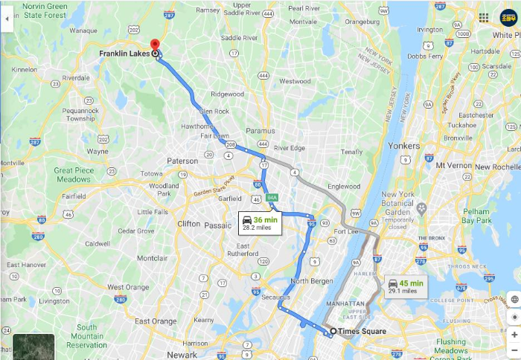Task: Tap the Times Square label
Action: (x=362, y=330)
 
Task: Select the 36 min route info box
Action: (x=260, y=223)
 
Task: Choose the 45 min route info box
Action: (x=406, y=286)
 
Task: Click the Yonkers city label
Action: (x=404, y=146)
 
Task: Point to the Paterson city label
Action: (x=182, y=161)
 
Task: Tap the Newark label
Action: (x=182, y=354)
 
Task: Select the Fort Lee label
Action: (x=345, y=231)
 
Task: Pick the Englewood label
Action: (x=344, y=186)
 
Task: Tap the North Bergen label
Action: (x=311, y=280)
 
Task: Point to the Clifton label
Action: (x=189, y=223)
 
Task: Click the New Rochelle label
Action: (x=495, y=166)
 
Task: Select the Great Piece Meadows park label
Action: (x=72, y=175)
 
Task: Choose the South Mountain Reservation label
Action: (x=86, y=335)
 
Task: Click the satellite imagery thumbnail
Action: (x=33, y=347)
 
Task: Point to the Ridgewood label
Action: (x=227, y=94)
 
